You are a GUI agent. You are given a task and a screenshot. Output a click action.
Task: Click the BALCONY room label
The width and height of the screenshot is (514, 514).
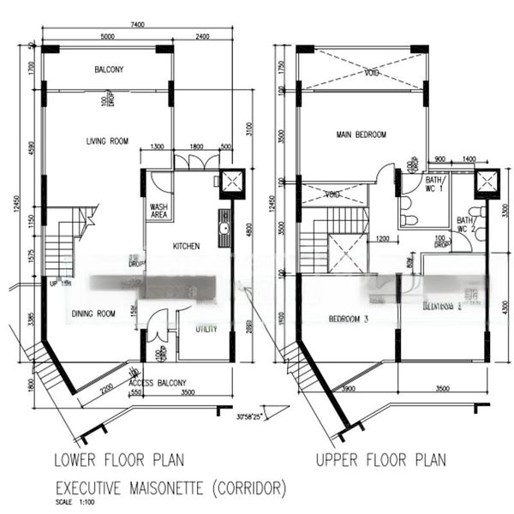(x=108, y=69)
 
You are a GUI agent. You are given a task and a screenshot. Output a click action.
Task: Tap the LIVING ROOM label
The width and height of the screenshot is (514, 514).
(x=106, y=141)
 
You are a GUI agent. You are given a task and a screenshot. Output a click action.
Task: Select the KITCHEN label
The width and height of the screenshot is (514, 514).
(x=186, y=246)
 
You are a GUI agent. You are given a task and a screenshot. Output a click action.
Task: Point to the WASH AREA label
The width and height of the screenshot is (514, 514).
(x=159, y=211)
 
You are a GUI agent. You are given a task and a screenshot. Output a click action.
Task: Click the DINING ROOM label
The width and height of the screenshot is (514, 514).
(x=93, y=314)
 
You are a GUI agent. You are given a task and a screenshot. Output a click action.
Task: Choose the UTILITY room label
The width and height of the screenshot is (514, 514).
(x=206, y=328)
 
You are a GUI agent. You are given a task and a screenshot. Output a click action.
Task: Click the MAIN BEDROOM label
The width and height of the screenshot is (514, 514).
(x=361, y=134)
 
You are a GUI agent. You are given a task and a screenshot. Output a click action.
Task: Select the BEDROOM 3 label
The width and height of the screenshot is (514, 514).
(x=349, y=320)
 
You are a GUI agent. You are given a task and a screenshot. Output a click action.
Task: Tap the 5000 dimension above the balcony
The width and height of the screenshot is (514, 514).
(x=107, y=37)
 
